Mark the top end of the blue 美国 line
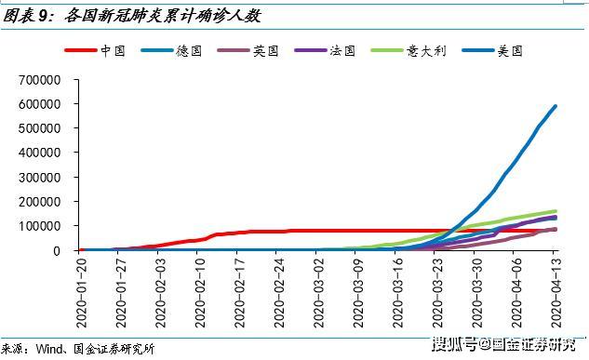556,106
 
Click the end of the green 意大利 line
556,211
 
